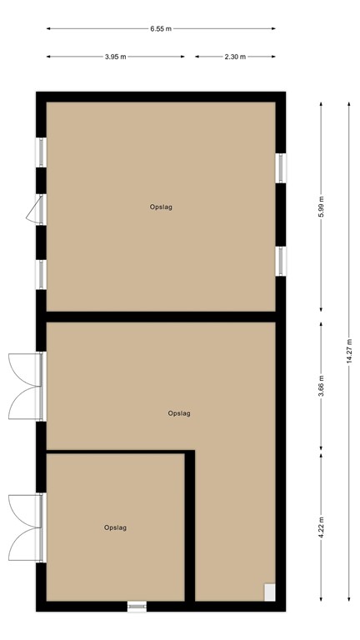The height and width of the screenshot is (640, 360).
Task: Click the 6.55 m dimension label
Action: coord(161,28)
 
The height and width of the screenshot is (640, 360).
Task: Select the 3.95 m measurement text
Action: coord(116,57)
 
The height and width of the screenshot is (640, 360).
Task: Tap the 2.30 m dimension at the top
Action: coord(235,57)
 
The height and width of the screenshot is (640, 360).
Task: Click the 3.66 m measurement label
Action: coord(322,385)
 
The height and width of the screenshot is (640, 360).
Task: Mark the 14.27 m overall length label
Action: coord(350,350)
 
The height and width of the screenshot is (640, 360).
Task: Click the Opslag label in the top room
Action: coord(161,207)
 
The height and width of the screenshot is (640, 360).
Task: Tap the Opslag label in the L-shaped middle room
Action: coord(179,412)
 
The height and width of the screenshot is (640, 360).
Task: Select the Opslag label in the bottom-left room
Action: coord(116,527)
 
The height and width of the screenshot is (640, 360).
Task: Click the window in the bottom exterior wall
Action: coord(137,606)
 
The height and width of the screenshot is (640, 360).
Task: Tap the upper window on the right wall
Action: coord(282,166)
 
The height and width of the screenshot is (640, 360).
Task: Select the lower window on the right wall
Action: coord(282,260)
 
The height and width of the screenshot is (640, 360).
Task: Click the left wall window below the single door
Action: coord(41,273)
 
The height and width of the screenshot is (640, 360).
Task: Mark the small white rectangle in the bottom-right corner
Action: coord(269,592)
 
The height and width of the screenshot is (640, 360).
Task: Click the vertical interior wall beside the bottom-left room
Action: coord(190,525)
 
